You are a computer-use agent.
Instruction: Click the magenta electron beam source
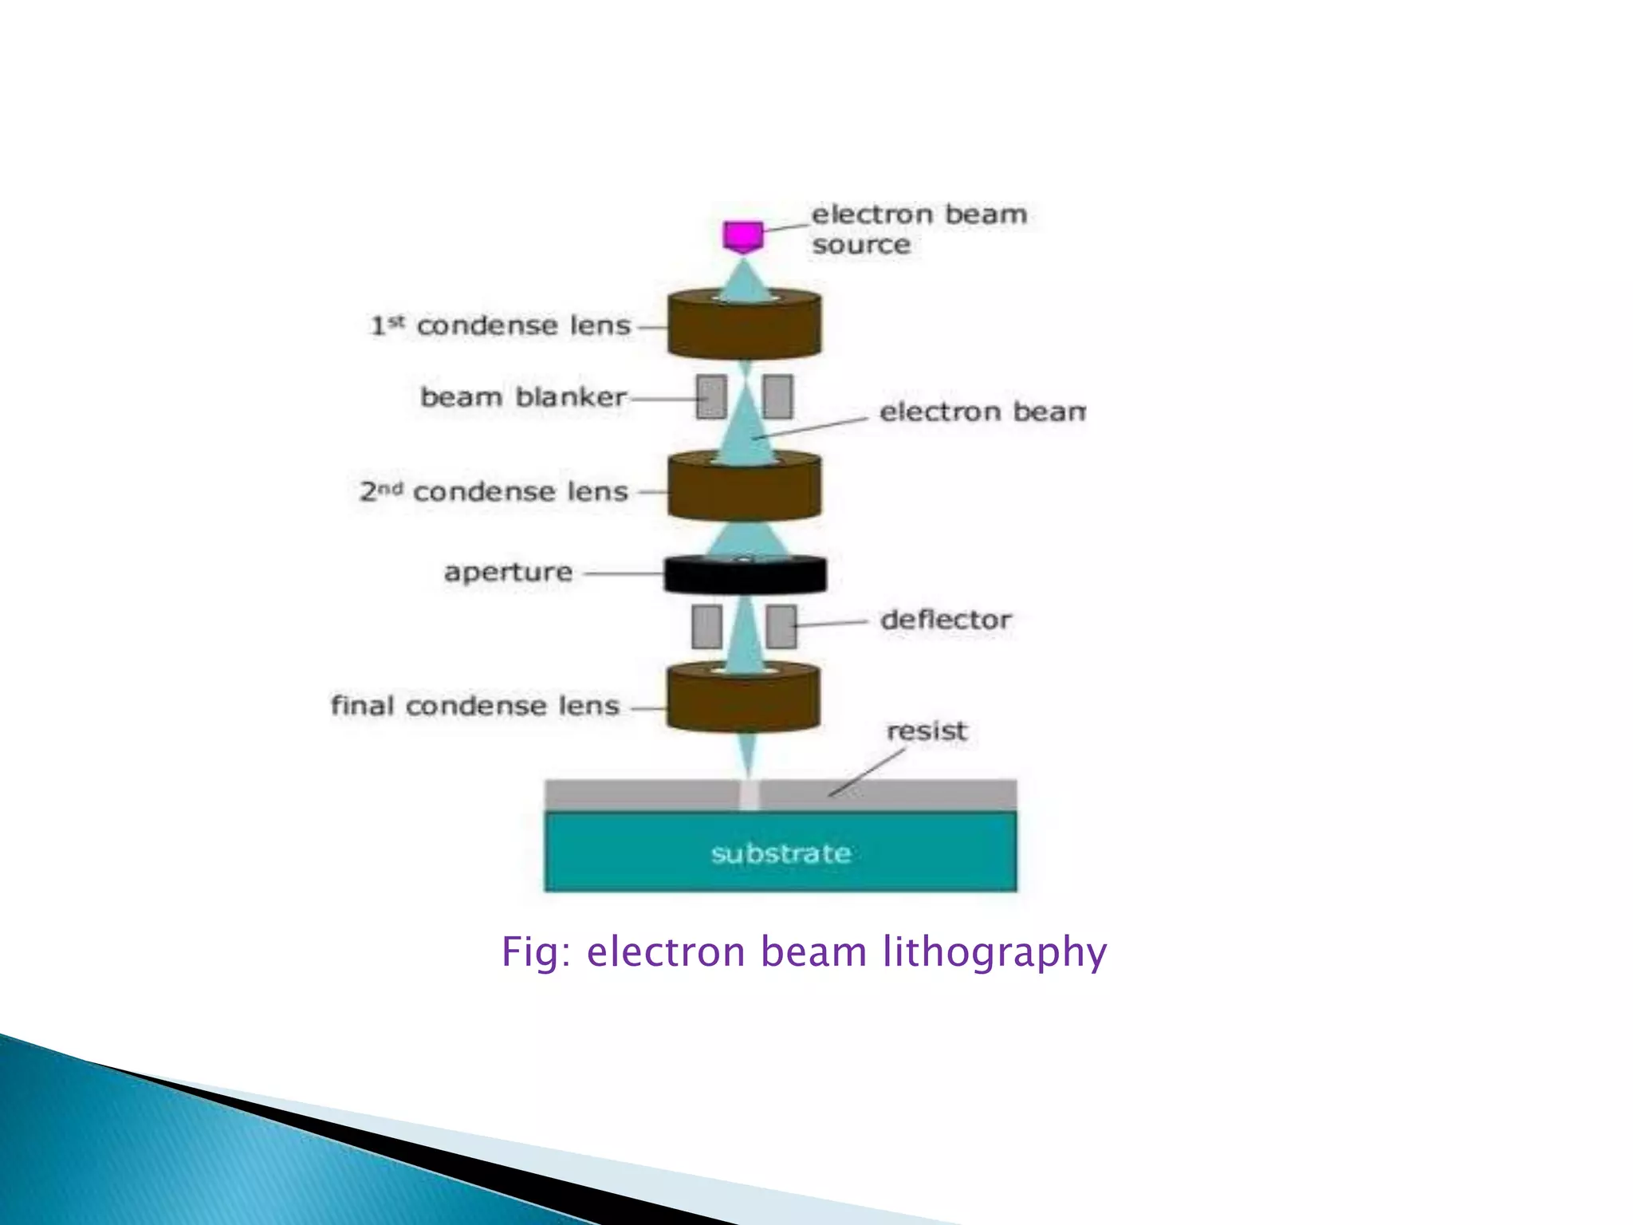pos(742,236)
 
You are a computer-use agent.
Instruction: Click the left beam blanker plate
pos(711,396)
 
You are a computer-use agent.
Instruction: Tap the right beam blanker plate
pos(778,396)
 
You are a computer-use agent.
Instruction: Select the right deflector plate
pos(781,626)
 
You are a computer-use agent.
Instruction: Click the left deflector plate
pos(706,626)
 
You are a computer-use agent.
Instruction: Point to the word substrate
pos(781,854)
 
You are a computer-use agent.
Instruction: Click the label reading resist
pos(927,731)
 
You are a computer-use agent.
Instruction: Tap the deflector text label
pos(946,620)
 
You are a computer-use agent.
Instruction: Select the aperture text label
pos(508,572)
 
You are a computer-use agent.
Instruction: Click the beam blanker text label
pos(523,396)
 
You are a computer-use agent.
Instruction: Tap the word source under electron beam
pos(861,245)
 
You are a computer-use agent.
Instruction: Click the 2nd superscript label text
pos(381,490)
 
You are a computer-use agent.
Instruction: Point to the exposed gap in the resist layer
pos(749,795)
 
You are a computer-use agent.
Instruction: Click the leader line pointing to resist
pos(868,772)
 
